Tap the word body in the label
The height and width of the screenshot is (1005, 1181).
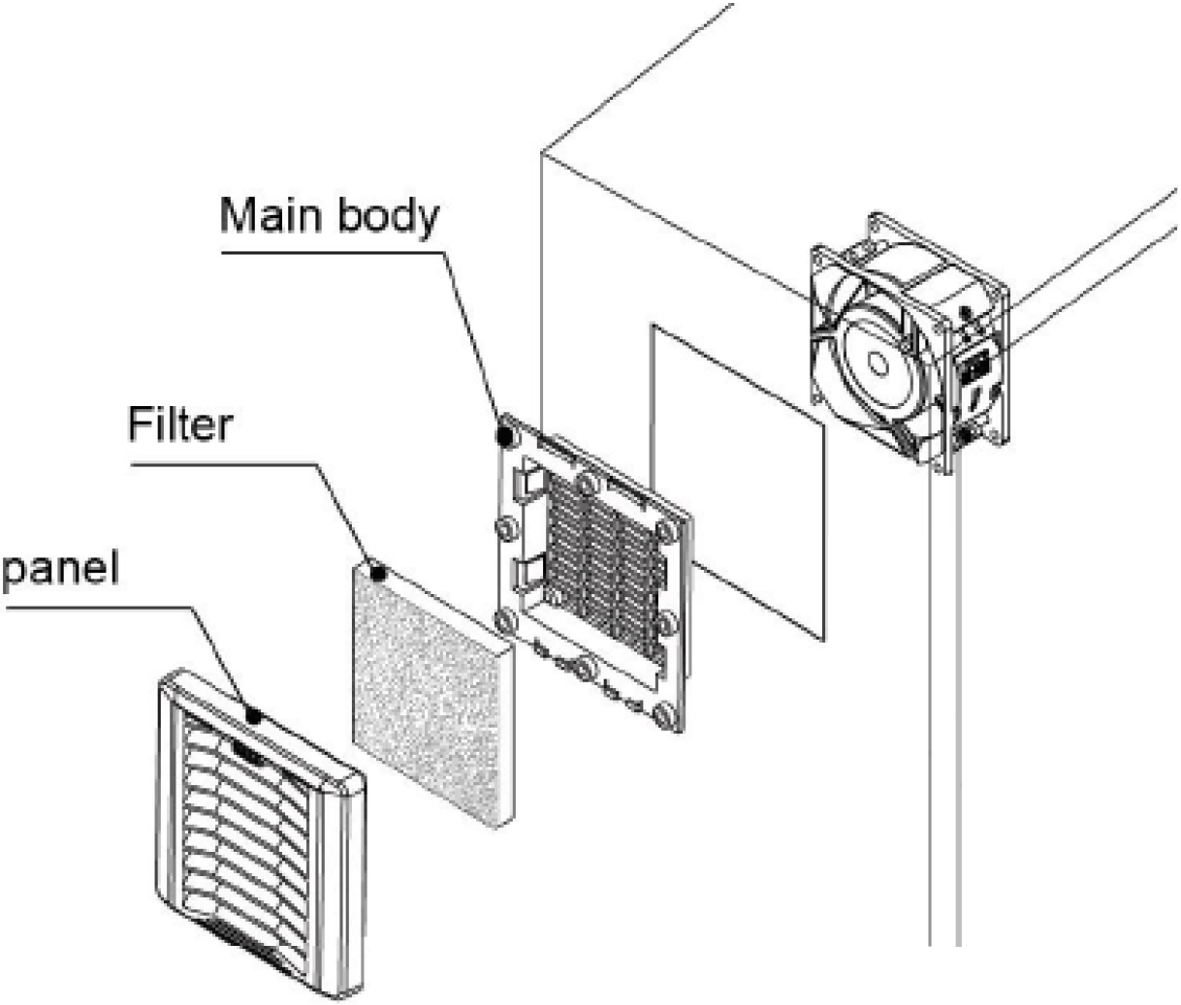click(x=388, y=217)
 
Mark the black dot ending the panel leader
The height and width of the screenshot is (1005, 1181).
click(x=254, y=716)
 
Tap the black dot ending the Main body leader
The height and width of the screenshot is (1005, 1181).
click(x=505, y=435)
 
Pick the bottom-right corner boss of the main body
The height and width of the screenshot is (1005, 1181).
click(x=664, y=717)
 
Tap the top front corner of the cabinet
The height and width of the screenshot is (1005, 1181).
click(x=540, y=152)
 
